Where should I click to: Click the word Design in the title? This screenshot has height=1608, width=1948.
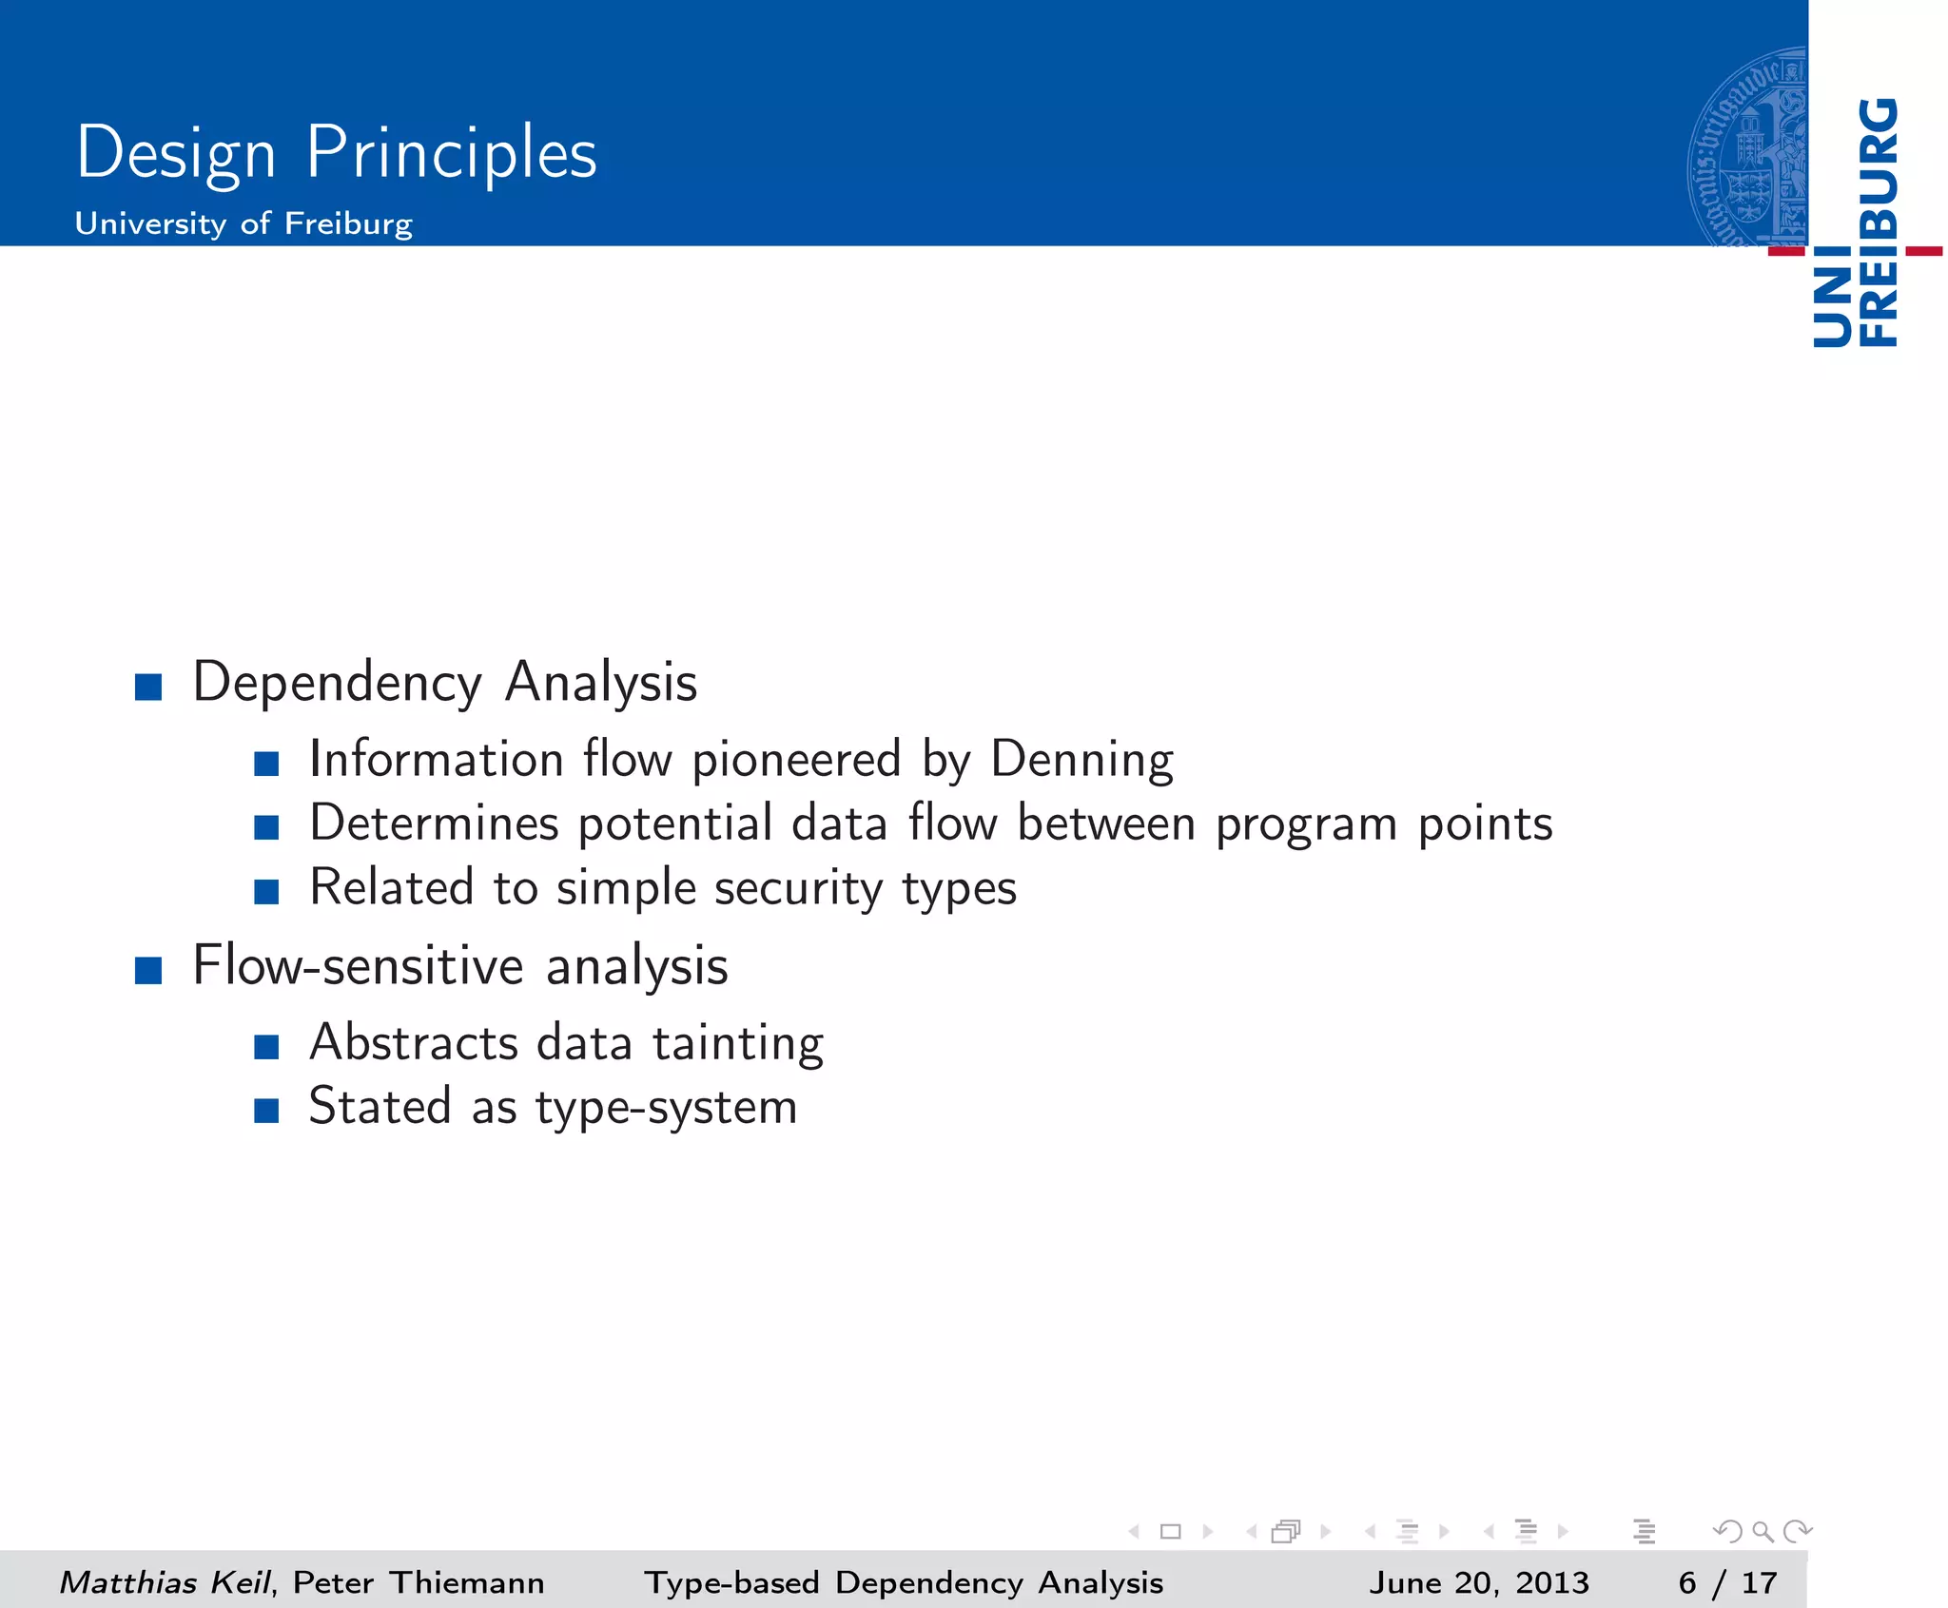[176, 154]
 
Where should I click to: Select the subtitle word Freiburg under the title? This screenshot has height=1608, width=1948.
[348, 223]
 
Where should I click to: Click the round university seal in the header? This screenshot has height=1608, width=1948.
[1748, 148]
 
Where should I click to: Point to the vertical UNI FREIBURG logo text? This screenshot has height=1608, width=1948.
[1856, 224]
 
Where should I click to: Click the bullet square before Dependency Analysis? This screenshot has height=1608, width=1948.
[148, 686]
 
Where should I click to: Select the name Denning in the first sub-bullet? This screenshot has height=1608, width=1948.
[1081, 760]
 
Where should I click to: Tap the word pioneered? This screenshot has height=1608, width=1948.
[796, 760]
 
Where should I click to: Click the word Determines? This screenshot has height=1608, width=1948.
[434, 823]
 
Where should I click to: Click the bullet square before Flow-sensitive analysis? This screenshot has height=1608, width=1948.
[148, 970]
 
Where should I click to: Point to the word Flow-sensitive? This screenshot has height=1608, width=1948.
[358, 966]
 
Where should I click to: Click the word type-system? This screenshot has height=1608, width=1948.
[666, 1108]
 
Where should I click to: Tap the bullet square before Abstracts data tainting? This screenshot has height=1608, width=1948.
[266, 1047]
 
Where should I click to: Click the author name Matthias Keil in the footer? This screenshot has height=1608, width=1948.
[166, 1582]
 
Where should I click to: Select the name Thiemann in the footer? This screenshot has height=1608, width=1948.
[467, 1582]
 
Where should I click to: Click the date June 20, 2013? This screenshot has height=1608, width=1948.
[1479, 1582]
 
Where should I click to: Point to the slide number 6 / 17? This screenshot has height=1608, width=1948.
[1727, 1582]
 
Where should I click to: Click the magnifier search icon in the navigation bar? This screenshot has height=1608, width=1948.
[1763, 1532]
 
